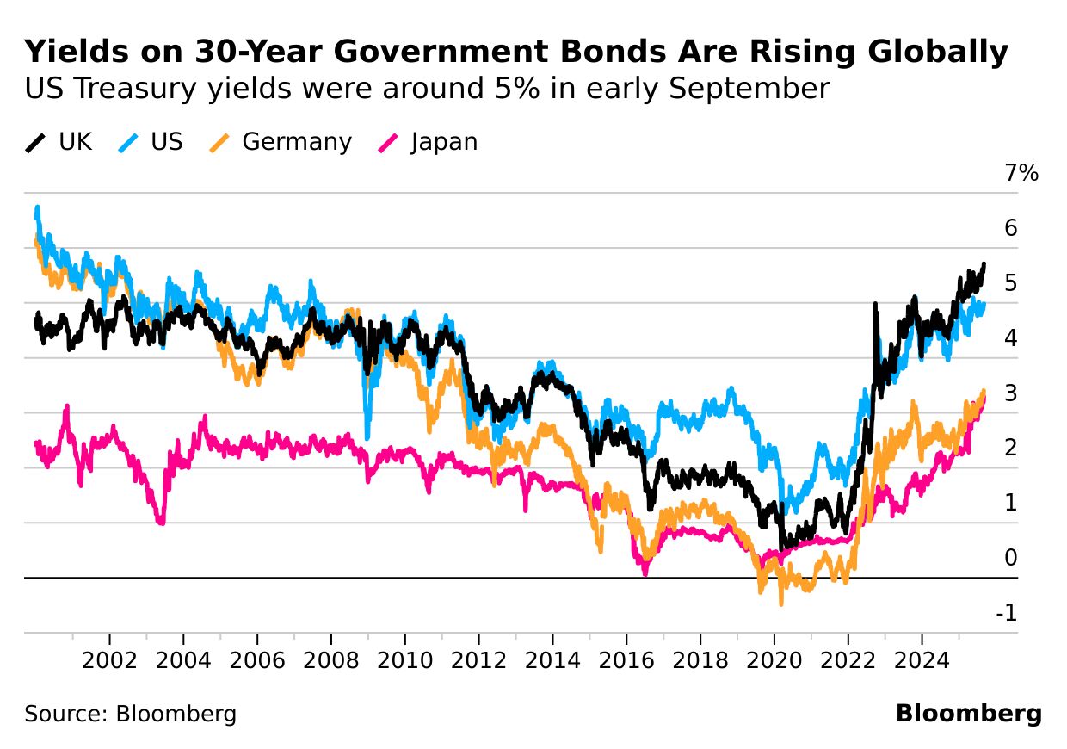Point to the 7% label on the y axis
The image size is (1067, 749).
coord(1021,173)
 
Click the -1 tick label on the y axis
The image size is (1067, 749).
coord(1006,613)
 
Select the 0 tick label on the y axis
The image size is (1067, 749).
coord(1010,558)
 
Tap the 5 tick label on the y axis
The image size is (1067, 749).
coord(1010,282)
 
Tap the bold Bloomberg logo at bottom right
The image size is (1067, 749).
coord(968,714)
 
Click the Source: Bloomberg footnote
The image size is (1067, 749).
coord(130,714)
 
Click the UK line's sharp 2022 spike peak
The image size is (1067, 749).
coord(875,304)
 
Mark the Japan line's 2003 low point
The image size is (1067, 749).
coord(160,522)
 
